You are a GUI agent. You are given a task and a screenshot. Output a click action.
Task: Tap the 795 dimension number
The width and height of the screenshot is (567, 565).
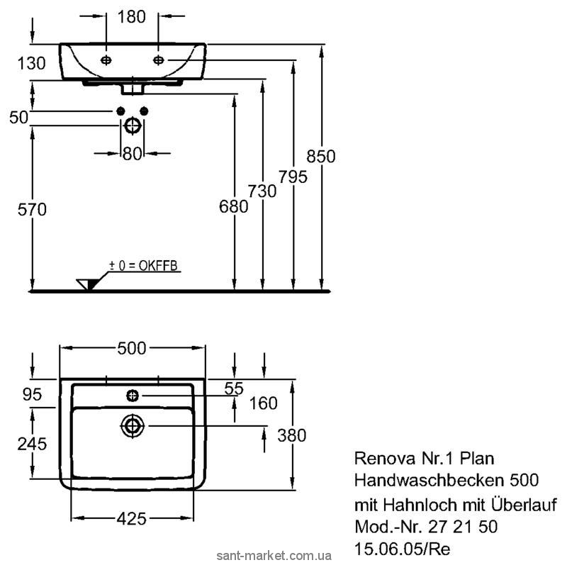tap(293, 177)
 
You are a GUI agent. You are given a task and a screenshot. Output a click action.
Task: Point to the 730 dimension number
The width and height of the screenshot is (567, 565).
tap(263, 191)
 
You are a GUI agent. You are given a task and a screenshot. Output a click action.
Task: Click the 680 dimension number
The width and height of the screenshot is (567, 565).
tap(234, 207)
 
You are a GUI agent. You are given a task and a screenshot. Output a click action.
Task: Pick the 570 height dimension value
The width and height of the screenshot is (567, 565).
tap(30, 210)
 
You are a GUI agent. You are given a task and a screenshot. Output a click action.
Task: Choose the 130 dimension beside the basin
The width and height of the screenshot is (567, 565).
tap(31, 63)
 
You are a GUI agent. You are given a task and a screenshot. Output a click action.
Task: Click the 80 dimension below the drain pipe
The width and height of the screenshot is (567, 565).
tap(132, 153)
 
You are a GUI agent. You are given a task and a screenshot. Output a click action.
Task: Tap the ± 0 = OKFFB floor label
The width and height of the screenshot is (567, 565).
tap(143, 266)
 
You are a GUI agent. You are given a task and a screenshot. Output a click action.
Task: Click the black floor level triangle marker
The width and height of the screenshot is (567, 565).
tap(88, 284)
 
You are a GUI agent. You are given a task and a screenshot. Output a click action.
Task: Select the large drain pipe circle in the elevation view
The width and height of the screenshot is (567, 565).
tap(132, 125)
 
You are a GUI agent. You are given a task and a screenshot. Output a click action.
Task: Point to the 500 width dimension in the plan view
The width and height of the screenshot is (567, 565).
tap(132, 348)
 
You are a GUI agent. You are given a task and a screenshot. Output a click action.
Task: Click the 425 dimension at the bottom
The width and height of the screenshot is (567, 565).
tap(131, 519)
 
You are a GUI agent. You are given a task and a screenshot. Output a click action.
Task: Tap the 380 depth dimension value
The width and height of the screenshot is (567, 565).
tap(291, 435)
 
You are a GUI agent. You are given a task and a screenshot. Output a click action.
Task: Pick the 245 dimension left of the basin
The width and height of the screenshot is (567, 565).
tap(31, 444)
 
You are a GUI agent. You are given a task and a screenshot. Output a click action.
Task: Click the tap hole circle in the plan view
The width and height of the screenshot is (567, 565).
tap(132, 394)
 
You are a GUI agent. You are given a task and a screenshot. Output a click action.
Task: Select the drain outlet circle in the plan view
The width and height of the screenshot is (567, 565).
tap(132, 425)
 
